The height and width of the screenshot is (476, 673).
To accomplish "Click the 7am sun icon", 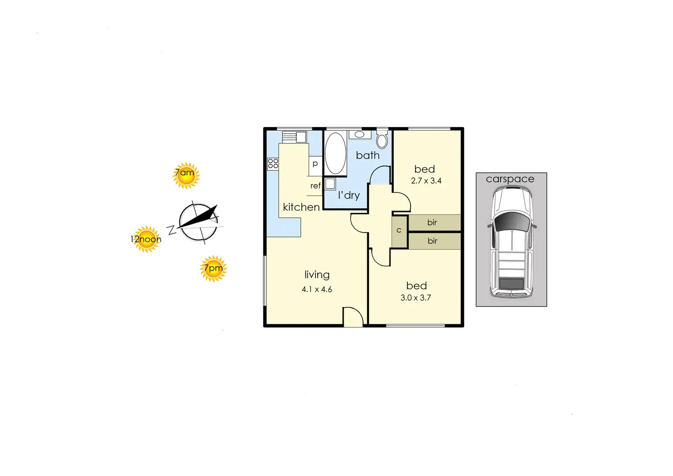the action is coord(186,175).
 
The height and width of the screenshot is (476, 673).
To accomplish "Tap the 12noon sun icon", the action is coord(146,239).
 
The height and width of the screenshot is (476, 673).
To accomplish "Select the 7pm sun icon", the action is coord(214,269).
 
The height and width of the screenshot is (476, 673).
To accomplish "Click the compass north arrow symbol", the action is coord(198,222).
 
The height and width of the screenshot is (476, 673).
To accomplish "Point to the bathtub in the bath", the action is coord(335,153).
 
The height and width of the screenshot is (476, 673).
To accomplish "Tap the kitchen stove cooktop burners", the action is coord(273,164).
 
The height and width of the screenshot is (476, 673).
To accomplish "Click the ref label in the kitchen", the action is coord(315,186).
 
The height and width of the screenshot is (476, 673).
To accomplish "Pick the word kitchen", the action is coord(301,207).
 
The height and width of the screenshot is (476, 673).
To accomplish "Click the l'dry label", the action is coord(349,196).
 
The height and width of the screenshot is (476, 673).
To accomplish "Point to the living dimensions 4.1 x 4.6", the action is coord(317,289).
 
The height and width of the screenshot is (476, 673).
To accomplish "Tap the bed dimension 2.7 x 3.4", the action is coord(426,181).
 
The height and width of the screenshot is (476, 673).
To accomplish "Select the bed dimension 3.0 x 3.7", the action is coord(416,298).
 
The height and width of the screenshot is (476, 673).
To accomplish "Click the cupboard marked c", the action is coord(399,232).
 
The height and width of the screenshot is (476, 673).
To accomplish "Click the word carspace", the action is coord(510,179).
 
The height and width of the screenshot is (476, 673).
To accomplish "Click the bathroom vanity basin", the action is coord(360,134).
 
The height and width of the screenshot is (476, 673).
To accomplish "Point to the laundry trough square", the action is coord(330,184).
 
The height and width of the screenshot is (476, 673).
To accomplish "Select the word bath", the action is coord(368,155).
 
